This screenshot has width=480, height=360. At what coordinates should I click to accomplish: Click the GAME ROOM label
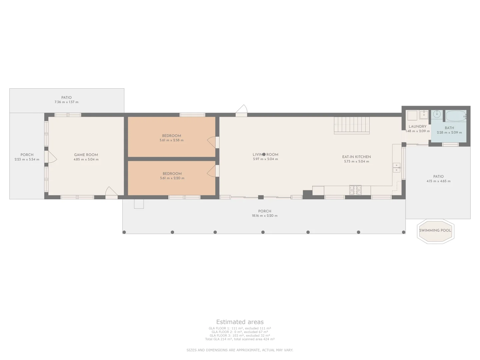coord(86,155)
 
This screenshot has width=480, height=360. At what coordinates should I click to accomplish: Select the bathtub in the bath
coord(456,116)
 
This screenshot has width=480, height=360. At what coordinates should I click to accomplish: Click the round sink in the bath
coord(437,114)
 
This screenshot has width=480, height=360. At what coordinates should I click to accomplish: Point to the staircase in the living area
coord(352,125)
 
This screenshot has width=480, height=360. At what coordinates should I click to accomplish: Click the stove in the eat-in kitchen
coord(355,190)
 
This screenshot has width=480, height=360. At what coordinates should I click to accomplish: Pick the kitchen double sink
coord(396,168)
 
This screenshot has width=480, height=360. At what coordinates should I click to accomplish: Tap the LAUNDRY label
coord(417,127)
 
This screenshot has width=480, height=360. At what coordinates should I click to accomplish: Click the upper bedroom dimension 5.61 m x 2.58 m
coord(171,140)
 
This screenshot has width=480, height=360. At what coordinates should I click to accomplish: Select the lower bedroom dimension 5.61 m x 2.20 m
coord(172,178)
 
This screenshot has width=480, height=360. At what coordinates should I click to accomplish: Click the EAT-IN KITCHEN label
coord(356,157)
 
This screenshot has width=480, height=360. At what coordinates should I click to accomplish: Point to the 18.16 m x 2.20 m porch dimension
coord(265,216)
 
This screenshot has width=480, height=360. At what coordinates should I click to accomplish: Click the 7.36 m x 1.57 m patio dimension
coord(66,102)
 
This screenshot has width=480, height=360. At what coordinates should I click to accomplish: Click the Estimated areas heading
coord(240,322)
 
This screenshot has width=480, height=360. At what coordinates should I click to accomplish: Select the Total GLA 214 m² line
coord(240,339)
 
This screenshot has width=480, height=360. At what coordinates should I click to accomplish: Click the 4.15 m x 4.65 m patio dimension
coord(438,181)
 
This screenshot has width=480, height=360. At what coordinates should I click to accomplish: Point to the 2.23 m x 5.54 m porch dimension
coord(27,159)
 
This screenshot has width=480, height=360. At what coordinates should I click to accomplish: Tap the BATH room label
coord(449,128)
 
